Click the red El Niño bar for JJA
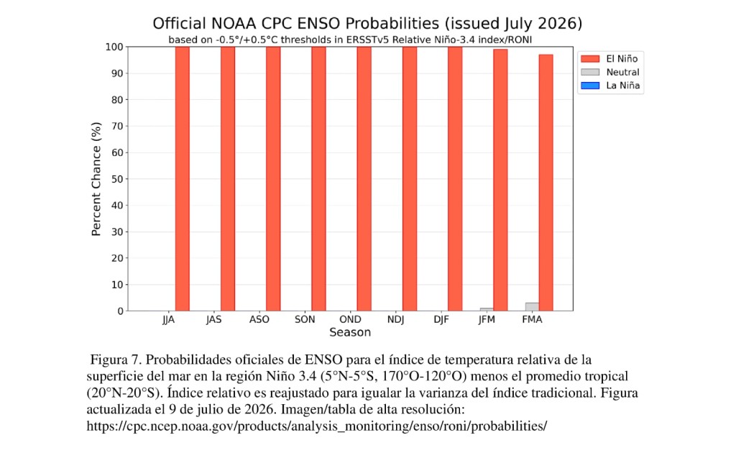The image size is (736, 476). (x=182, y=178)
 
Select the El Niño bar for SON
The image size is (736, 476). (x=318, y=178)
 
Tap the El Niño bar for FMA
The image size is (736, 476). (x=546, y=183)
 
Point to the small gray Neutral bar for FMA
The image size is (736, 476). (x=532, y=306)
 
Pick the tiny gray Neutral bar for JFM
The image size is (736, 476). (x=487, y=309)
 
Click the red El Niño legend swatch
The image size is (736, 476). (x=590, y=59)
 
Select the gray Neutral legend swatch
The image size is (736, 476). (x=590, y=72)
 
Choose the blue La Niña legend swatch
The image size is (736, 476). (x=590, y=86)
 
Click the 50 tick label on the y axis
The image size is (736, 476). (x=117, y=179)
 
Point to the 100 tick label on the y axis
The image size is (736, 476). (x=114, y=47)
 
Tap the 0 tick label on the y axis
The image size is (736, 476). (x=121, y=311)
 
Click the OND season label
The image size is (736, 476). (x=350, y=319)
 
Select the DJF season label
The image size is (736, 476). (x=441, y=319)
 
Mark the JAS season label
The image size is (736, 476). (x=213, y=319)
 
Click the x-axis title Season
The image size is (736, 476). (x=350, y=332)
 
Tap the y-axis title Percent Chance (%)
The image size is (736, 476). (x=96, y=179)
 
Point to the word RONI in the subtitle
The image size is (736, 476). (x=520, y=40)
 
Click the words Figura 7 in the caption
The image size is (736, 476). (x=116, y=360)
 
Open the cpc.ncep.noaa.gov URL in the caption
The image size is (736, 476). (x=317, y=426)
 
